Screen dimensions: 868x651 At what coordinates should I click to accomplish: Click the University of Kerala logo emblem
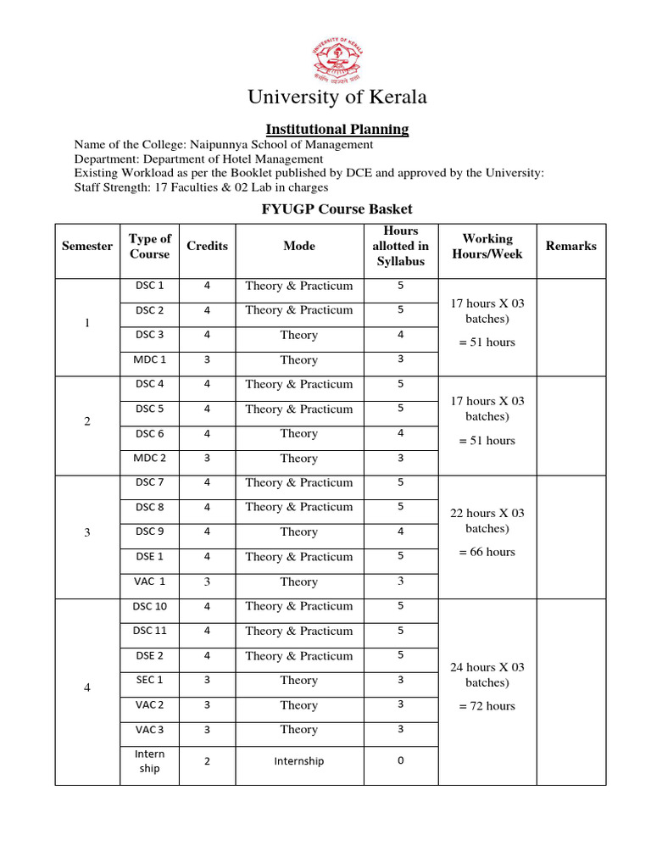pos(337,56)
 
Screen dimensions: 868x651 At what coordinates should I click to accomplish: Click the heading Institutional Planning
pos(337,130)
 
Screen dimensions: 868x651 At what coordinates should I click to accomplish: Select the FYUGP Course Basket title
pos(337,209)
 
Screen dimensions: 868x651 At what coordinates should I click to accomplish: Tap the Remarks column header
pos(570,246)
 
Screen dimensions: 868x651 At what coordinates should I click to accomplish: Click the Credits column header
pos(207,246)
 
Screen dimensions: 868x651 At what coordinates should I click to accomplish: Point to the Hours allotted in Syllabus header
pos(401,246)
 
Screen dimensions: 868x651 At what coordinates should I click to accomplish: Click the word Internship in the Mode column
pos(298,761)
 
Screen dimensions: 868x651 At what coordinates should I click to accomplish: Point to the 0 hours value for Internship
pos(401,761)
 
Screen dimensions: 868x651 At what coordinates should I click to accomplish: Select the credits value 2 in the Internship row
pos(207,761)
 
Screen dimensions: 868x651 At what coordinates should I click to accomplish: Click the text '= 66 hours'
pos(487,552)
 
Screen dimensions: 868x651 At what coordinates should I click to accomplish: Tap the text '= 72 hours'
pos(487,706)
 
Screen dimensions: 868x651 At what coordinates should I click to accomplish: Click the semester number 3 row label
pos(87,532)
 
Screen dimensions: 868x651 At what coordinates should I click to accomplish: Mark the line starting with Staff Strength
pos(201,188)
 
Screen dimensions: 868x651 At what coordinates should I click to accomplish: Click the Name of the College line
pos(224,144)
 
